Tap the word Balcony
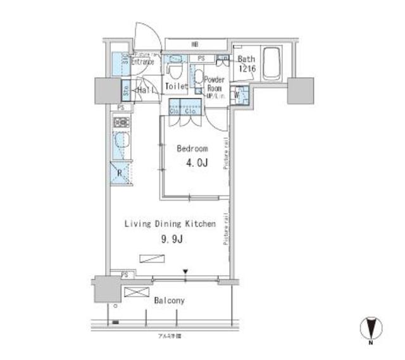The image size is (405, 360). (x=169, y=301)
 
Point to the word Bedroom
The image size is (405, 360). (x=192, y=149)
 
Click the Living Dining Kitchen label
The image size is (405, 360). (x=170, y=224)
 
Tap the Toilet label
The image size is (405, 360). (x=176, y=85)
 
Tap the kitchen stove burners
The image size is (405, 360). (x=118, y=123)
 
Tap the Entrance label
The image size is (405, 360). (x=142, y=61)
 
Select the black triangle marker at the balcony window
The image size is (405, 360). (x=185, y=272)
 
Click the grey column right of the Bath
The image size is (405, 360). (x=300, y=90)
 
